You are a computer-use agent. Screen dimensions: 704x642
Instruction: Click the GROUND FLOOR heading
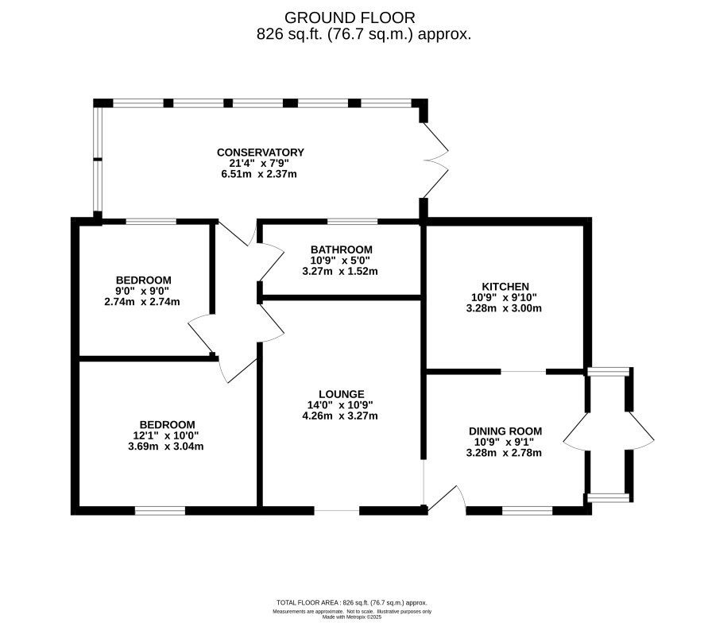pos(350,18)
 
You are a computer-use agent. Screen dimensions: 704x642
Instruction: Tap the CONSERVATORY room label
pos(261,153)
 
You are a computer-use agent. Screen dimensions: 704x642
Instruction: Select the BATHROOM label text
pos(341,249)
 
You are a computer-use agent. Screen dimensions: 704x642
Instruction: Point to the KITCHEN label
pos(505,286)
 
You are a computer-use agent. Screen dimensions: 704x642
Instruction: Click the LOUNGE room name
pos(341,394)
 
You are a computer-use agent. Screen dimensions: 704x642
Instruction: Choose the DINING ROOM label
pos(505,431)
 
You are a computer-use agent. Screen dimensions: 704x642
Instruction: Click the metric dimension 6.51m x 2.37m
pos(259,174)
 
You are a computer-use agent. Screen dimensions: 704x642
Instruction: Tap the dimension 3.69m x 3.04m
pos(166,447)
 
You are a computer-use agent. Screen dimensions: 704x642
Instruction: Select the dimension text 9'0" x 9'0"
pos(142,292)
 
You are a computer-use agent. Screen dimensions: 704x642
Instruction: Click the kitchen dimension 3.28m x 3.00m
pos(504,308)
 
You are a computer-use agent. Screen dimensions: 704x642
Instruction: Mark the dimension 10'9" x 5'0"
pos(340,260)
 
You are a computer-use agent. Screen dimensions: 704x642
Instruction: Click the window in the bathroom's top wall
pos(353,222)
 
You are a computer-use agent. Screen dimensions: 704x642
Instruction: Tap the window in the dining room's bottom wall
pos(527,510)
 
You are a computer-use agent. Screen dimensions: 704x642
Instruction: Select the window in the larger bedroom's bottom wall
pos(160,510)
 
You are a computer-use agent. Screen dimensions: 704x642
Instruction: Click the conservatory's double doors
pos(435,160)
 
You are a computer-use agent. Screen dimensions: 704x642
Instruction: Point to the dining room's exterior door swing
pos(447,497)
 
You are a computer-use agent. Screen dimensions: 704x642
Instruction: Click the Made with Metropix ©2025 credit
pos(352,617)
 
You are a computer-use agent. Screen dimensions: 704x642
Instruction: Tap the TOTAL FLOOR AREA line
pos(351,603)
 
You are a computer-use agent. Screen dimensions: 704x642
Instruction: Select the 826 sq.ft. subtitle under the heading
pos(364,34)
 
